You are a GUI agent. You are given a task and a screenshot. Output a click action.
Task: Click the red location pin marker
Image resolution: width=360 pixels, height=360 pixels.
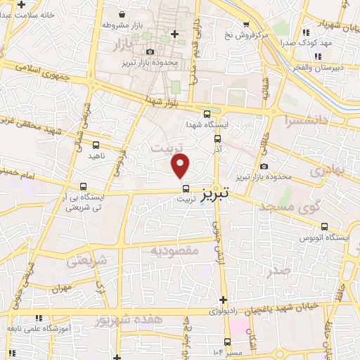(181, 166)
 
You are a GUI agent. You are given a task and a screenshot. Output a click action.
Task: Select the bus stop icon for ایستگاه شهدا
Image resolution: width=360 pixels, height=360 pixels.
(206, 114)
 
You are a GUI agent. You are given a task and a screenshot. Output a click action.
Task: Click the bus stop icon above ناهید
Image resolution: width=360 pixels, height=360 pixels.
(96, 145)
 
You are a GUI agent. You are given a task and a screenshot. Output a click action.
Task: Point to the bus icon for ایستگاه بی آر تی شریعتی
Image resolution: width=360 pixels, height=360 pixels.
(84, 188)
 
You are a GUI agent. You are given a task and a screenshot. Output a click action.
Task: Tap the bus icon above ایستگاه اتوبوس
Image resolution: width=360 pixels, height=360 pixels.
(324, 226)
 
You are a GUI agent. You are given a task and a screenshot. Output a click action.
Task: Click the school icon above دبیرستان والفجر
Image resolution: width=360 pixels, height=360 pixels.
(319, 56)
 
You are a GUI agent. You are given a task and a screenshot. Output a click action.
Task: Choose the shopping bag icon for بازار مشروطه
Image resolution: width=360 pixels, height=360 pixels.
(123, 14)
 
